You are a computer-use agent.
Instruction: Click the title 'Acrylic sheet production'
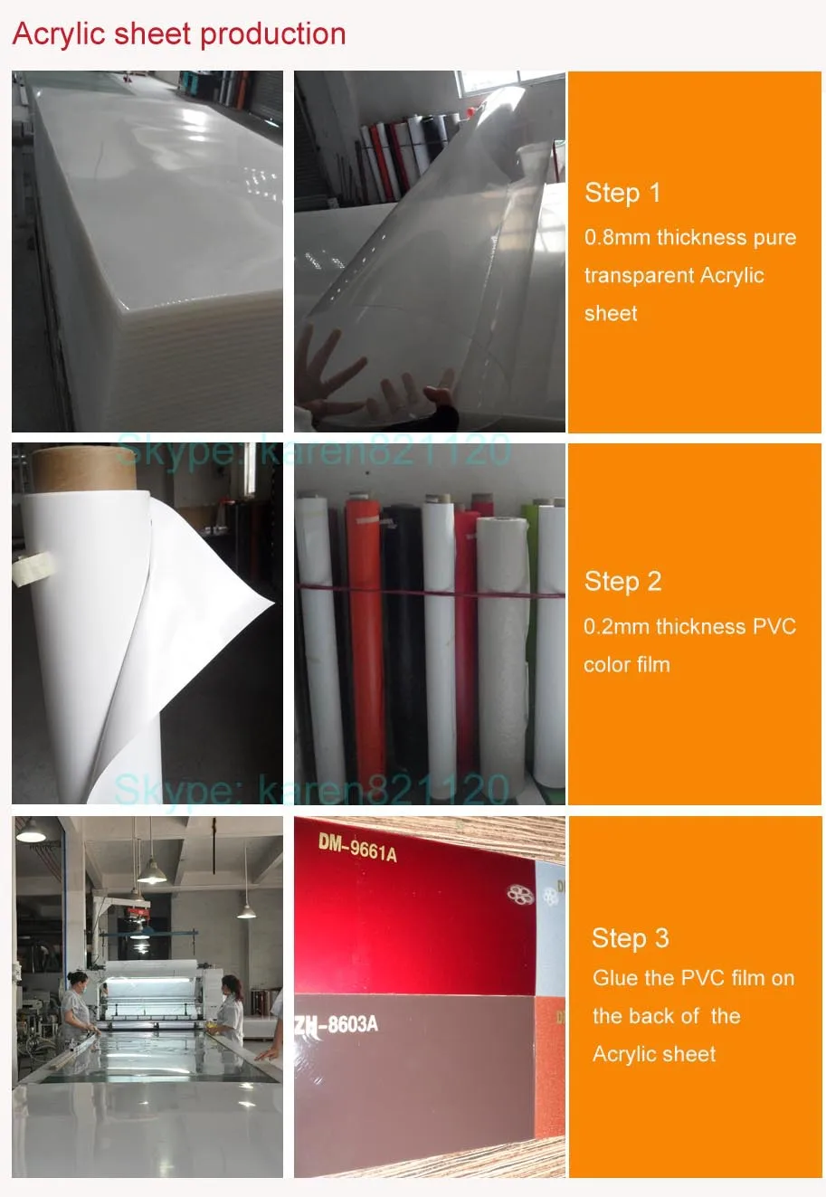point(179,35)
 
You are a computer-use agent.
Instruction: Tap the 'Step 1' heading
point(622,194)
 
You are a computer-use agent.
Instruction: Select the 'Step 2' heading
point(622,582)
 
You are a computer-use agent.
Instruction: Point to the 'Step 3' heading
point(631,939)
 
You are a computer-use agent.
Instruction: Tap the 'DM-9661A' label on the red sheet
point(357,850)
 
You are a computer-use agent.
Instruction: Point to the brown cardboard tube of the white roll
point(83,470)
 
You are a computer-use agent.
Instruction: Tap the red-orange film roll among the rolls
point(367,641)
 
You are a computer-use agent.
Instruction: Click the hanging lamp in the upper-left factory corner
point(31,831)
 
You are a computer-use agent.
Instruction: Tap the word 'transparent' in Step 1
point(638,276)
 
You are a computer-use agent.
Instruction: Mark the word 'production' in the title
point(273,35)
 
